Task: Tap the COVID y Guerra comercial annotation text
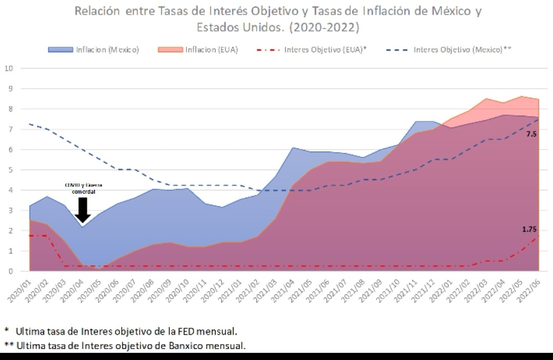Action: click(x=83, y=188)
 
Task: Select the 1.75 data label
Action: click(x=529, y=229)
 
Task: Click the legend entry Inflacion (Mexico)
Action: click(x=107, y=50)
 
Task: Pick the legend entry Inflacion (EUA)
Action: click(x=211, y=50)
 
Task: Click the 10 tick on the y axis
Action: click(x=9, y=68)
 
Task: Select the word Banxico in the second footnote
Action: click(x=183, y=346)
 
